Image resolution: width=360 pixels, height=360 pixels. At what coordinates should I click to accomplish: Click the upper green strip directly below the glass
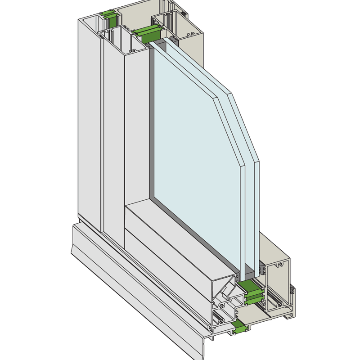[249, 284]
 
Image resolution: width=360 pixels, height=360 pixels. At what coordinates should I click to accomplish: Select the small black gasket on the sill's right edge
[293, 292]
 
